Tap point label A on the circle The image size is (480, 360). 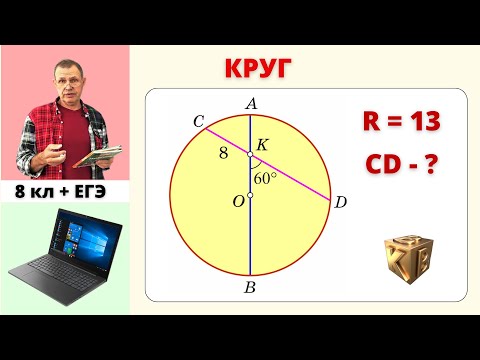[250, 103]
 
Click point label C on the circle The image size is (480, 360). [199, 122]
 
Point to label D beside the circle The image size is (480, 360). [340, 204]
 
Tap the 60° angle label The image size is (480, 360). [266, 179]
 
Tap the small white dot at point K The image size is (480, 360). [250, 154]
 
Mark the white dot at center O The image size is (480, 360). [250, 195]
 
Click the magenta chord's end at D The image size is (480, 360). [330, 198]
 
